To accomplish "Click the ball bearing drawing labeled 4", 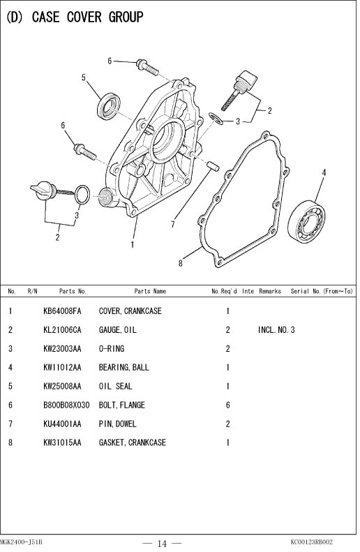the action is pos(306,221).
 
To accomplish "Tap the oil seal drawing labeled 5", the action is pos(109,106).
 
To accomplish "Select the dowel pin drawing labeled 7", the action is pos(213,165).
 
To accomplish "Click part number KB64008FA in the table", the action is pos(62,311).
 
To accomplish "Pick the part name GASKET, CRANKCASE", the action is pos(132,442).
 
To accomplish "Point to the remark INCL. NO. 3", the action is pos(276,330).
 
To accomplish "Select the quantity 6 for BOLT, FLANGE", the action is pos(227,405).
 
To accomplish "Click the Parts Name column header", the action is pos(150,291).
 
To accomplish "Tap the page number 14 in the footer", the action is pos(162,544).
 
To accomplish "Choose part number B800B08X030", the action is pos(66,405).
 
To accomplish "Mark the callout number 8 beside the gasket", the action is pos(181,263).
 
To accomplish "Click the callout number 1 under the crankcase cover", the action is pos(133,244).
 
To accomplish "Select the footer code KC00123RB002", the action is pos(311,542).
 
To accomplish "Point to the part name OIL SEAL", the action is pos(115,386).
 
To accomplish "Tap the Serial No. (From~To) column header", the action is pos(322,291).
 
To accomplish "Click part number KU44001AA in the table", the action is pos(62,424).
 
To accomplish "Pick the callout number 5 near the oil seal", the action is pos(84,77).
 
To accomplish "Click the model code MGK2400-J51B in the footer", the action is pos(21,542).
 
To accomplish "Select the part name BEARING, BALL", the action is pos(124,367).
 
